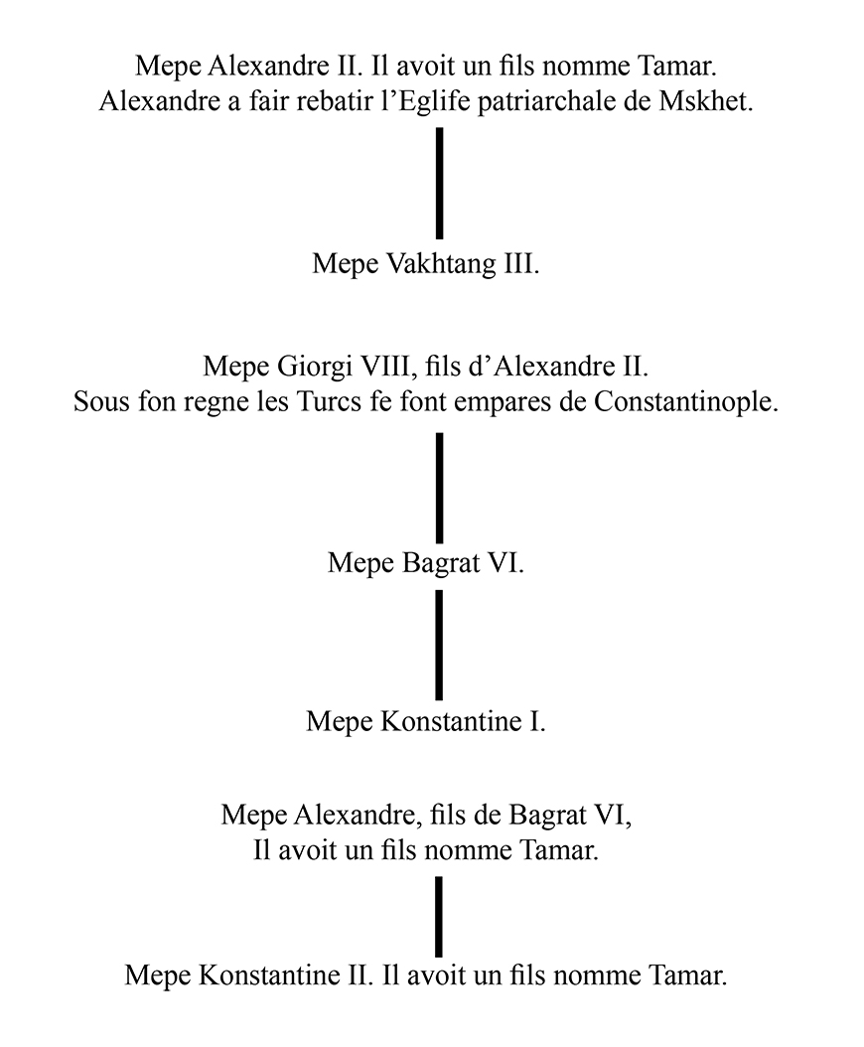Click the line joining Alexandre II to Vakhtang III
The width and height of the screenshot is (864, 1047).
point(439,183)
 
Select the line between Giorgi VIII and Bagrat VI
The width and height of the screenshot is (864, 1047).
point(439,487)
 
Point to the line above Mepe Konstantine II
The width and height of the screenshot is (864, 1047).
point(439,916)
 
